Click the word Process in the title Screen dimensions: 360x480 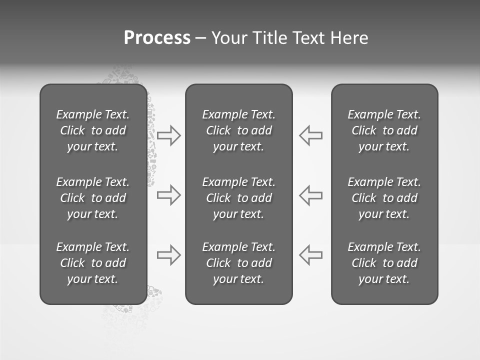(157, 38)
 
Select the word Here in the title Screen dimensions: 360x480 (348, 38)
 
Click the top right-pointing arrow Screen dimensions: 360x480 (169, 135)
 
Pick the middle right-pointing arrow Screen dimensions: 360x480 (169, 195)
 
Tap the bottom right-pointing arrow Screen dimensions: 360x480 (169, 255)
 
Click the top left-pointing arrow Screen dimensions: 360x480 (310, 135)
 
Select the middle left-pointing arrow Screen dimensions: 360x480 (310, 195)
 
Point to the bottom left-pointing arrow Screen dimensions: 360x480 (310, 255)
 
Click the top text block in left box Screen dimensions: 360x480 (93, 130)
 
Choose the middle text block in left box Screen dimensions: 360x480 (93, 198)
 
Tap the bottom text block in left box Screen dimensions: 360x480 (93, 263)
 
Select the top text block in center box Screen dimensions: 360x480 (238, 130)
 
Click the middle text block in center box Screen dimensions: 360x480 (238, 198)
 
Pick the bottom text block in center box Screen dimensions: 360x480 (238, 263)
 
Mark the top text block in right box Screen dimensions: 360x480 (384, 130)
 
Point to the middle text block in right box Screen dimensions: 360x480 (384, 198)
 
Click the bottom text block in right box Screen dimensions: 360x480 (384, 263)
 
